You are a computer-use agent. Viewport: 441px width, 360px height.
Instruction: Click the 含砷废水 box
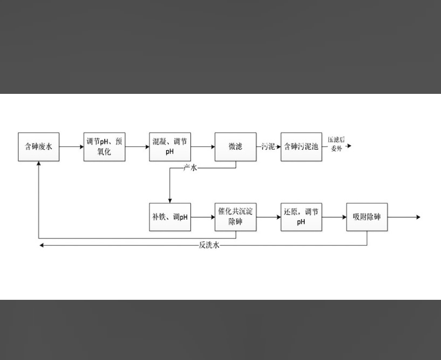39,147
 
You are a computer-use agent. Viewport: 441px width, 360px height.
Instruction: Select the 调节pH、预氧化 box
104,147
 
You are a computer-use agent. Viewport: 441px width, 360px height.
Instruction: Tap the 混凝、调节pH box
170,147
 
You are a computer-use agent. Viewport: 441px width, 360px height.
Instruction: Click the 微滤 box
236,147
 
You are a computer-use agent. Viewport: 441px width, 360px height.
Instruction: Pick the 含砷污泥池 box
301,147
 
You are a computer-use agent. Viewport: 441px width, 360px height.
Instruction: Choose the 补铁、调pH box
170,217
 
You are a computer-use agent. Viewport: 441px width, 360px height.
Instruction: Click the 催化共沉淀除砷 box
236,217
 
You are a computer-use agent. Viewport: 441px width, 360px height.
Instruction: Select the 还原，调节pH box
301,217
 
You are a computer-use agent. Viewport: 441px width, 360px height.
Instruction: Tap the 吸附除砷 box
367,217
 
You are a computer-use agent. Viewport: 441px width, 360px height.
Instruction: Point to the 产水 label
190,168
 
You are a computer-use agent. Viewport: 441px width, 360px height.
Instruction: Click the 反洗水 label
210,245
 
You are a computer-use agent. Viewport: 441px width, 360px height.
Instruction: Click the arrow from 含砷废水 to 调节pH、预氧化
71,147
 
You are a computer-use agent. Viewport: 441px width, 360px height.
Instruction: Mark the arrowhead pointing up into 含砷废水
39,165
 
